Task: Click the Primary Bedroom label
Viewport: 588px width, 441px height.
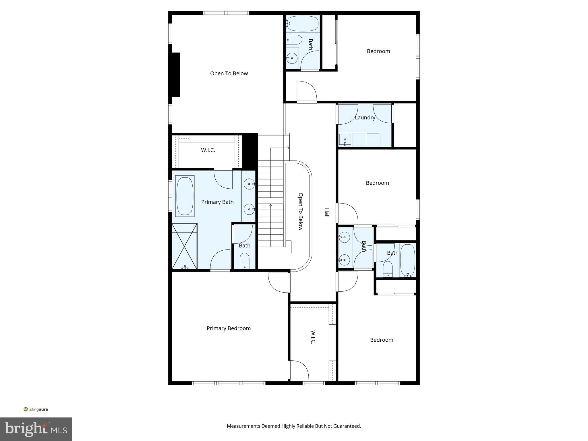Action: [x=229, y=328]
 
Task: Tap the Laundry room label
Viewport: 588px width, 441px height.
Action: [x=365, y=117]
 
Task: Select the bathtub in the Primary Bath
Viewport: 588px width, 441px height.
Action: [x=185, y=196]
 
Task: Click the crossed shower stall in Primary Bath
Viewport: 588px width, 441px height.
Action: [x=185, y=246]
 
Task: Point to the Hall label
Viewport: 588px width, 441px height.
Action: [x=326, y=213]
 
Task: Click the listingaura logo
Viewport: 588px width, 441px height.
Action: [x=36, y=409]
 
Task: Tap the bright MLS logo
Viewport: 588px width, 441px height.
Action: [x=36, y=429]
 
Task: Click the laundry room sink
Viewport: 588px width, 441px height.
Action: [x=345, y=140]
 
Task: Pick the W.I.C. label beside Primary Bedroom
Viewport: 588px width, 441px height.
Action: [x=313, y=337]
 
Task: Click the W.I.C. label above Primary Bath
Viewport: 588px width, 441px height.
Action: [x=208, y=150]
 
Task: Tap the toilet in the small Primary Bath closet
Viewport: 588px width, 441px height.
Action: [x=245, y=260]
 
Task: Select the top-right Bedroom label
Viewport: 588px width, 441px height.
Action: [x=378, y=51]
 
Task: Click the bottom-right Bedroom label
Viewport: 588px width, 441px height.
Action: [x=382, y=340]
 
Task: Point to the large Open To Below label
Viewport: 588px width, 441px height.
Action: [x=229, y=73]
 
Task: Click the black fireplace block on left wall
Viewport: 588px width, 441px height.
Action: [x=175, y=75]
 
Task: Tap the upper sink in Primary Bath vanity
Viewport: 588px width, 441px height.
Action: [x=249, y=184]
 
